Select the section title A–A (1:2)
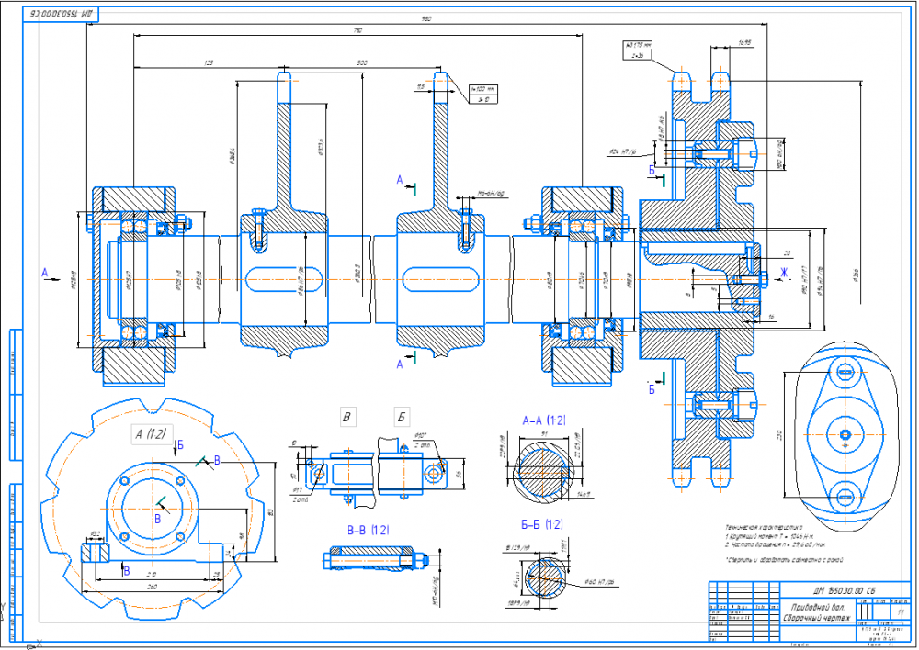point(543,420)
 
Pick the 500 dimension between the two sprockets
point(362,62)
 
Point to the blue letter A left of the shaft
point(42,272)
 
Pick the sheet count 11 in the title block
point(900,611)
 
